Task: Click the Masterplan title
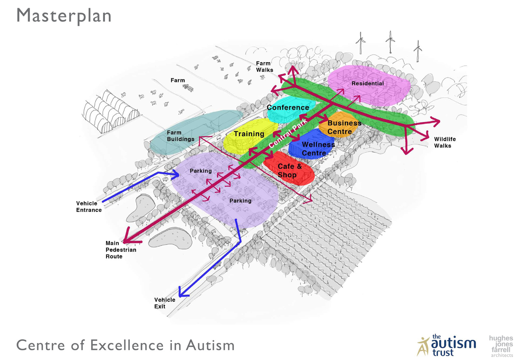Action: click(x=64, y=16)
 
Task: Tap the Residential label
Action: click(x=367, y=83)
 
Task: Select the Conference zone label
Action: click(x=288, y=108)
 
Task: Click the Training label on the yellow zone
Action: click(x=249, y=134)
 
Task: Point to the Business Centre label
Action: click(x=344, y=127)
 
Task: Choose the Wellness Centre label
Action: click(x=318, y=149)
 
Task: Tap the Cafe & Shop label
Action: click(x=289, y=171)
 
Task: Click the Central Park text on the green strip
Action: click(x=288, y=134)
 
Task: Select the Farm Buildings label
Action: click(x=180, y=136)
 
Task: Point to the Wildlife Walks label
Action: click(x=445, y=142)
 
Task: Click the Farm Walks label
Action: click(x=264, y=67)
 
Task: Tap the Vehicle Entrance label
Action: click(x=89, y=207)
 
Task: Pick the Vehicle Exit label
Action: click(x=165, y=303)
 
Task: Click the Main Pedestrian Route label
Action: click(x=121, y=250)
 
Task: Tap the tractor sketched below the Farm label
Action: click(x=188, y=87)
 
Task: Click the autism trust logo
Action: click(x=446, y=345)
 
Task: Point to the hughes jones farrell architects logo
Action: click(x=501, y=346)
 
